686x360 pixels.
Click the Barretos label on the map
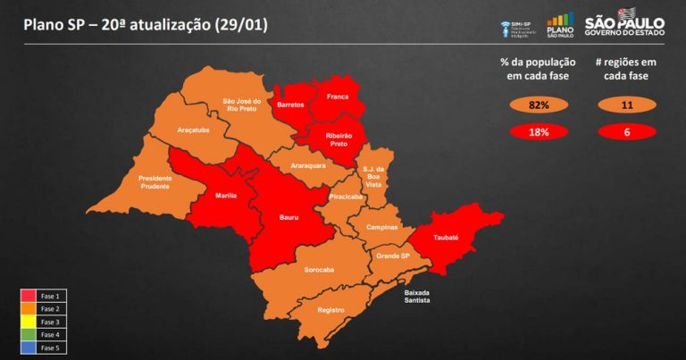tap(290, 105)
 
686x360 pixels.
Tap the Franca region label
tap(338, 96)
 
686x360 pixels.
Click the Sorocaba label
tap(319, 269)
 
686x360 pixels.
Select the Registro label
tap(331, 310)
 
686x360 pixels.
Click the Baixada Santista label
tap(417, 297)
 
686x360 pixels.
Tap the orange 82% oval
tap(538, 105)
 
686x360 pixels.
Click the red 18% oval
tap(538, 132)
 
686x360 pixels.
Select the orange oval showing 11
tap(624, 105)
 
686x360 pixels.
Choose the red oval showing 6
tap(624, 132)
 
